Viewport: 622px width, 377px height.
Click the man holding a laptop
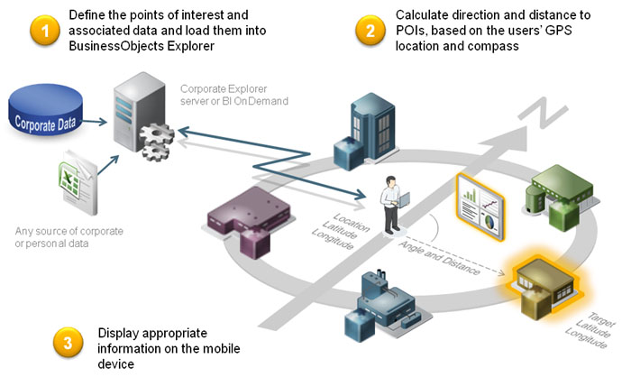click(395, 204)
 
